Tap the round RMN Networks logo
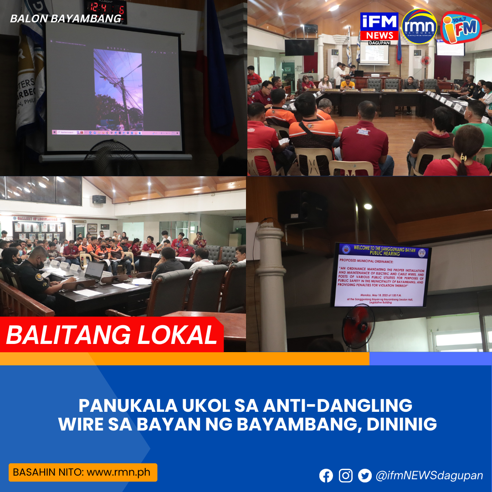point(420,27)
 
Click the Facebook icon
point(326,476)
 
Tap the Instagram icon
point(346,476)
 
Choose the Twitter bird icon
point(365,476)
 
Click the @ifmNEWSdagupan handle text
point(429,476)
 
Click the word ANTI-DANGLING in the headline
point(339,405)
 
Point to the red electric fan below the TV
point(358,326)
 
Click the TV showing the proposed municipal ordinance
point(380,275)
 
